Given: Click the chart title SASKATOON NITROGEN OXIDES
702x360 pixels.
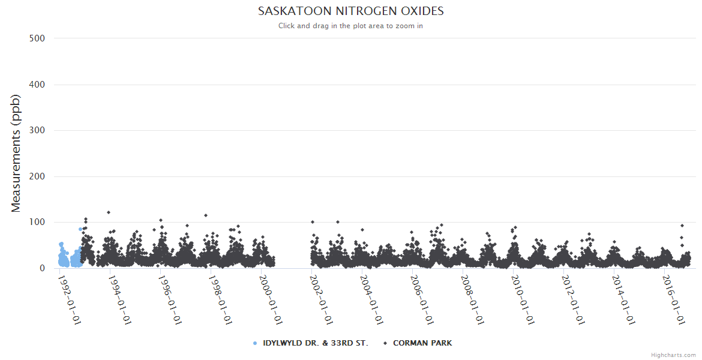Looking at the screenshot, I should click(x=351, y=11).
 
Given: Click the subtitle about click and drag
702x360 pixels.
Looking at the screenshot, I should click(x=351, y=26).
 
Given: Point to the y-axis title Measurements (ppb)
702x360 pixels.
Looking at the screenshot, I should click(x=16, y=153).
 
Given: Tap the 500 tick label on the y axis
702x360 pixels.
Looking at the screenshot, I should click(x=37, y=38).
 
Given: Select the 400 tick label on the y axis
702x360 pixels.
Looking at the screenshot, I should click(x=37, y=85).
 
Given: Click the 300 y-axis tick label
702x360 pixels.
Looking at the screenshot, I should click(x=37, y=130).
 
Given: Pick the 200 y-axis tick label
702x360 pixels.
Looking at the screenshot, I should click(x=37, y=176).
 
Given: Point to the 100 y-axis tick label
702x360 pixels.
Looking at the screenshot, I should click(x=37, y=223).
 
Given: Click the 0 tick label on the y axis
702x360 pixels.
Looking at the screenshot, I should click(x=42, y=268).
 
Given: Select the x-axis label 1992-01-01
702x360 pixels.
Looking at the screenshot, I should click(x=70, y=299).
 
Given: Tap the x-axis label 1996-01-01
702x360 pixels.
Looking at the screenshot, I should click(x=170, y=299).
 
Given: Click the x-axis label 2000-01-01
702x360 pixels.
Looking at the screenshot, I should click(x=271, y=299).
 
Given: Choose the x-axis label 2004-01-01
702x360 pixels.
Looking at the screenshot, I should click(x=372, y=299).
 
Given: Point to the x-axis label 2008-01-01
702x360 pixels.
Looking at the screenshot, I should click(x=472, y=299).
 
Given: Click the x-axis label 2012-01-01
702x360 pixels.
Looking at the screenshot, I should click(x=573, y=299).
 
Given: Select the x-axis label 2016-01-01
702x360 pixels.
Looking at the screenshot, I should click(x=674, y=299).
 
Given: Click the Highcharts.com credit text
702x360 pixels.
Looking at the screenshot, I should click(x=673, y=355).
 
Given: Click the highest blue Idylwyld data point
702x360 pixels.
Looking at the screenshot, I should click(x=80, y=229).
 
